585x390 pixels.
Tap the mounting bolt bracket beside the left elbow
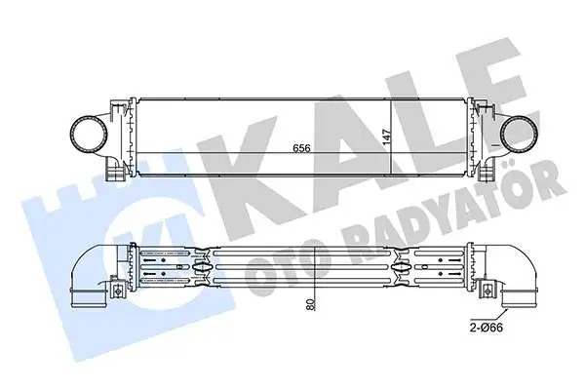116,290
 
